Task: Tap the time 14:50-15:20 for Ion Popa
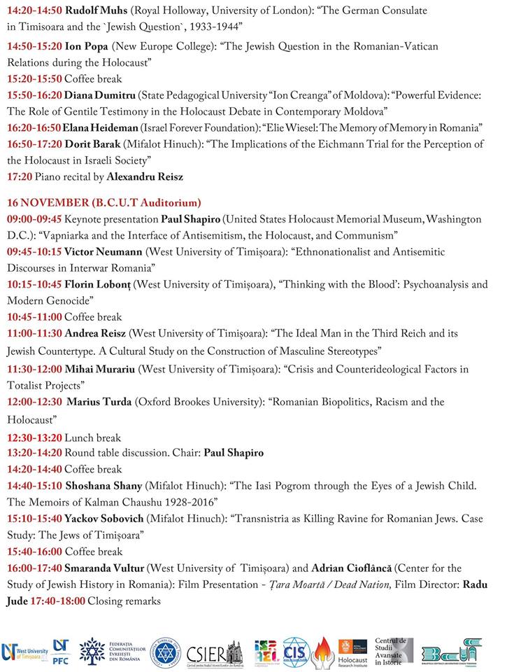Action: point(34,45)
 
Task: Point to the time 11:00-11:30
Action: point(34,333)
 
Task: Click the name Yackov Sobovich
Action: point(106,519)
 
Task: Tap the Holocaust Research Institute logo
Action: point(352,652)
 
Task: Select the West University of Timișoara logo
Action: point(23,652)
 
